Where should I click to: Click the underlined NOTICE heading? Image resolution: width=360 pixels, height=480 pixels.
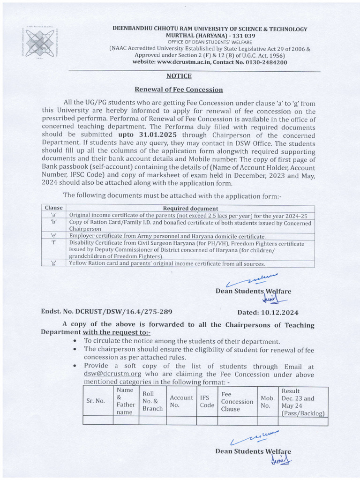179,76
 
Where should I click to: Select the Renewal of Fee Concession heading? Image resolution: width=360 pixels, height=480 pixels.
179,90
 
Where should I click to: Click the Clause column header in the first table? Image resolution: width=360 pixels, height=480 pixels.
53,208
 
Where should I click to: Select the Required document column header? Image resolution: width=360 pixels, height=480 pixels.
190,208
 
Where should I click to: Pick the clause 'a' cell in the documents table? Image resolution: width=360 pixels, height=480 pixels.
53,215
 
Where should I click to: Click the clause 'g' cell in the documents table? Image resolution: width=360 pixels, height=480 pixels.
53,263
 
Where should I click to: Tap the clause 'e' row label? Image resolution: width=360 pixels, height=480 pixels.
53,236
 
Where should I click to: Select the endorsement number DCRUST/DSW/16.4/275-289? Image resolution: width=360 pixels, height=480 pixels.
100,312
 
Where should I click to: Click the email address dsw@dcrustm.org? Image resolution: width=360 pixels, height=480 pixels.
112,374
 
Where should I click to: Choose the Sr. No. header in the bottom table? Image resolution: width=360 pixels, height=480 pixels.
96,401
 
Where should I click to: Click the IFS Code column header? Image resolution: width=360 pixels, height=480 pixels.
207,401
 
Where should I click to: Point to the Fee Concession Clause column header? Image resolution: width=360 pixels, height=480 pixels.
237,402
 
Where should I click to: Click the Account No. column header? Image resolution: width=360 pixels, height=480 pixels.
181,401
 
